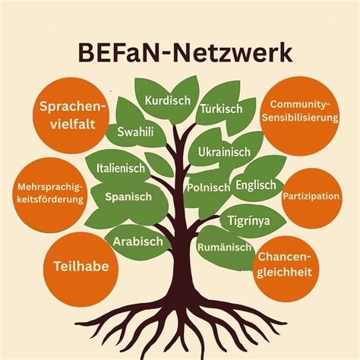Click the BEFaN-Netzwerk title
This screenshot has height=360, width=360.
coord(185,54)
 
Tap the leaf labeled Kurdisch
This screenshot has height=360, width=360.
coord(168,100)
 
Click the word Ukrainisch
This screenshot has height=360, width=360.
coord(224,152)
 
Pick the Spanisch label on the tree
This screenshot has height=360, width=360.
coord(128,197)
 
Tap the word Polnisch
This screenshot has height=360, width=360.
coord(208,188)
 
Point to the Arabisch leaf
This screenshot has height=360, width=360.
coord(139,242)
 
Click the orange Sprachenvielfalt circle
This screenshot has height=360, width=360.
coord(71,115)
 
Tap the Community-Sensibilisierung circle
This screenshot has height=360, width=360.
coord(300,116)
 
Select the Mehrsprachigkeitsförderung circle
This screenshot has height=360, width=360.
coord(50,194)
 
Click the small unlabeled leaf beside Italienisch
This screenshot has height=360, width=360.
coord(159,165)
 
